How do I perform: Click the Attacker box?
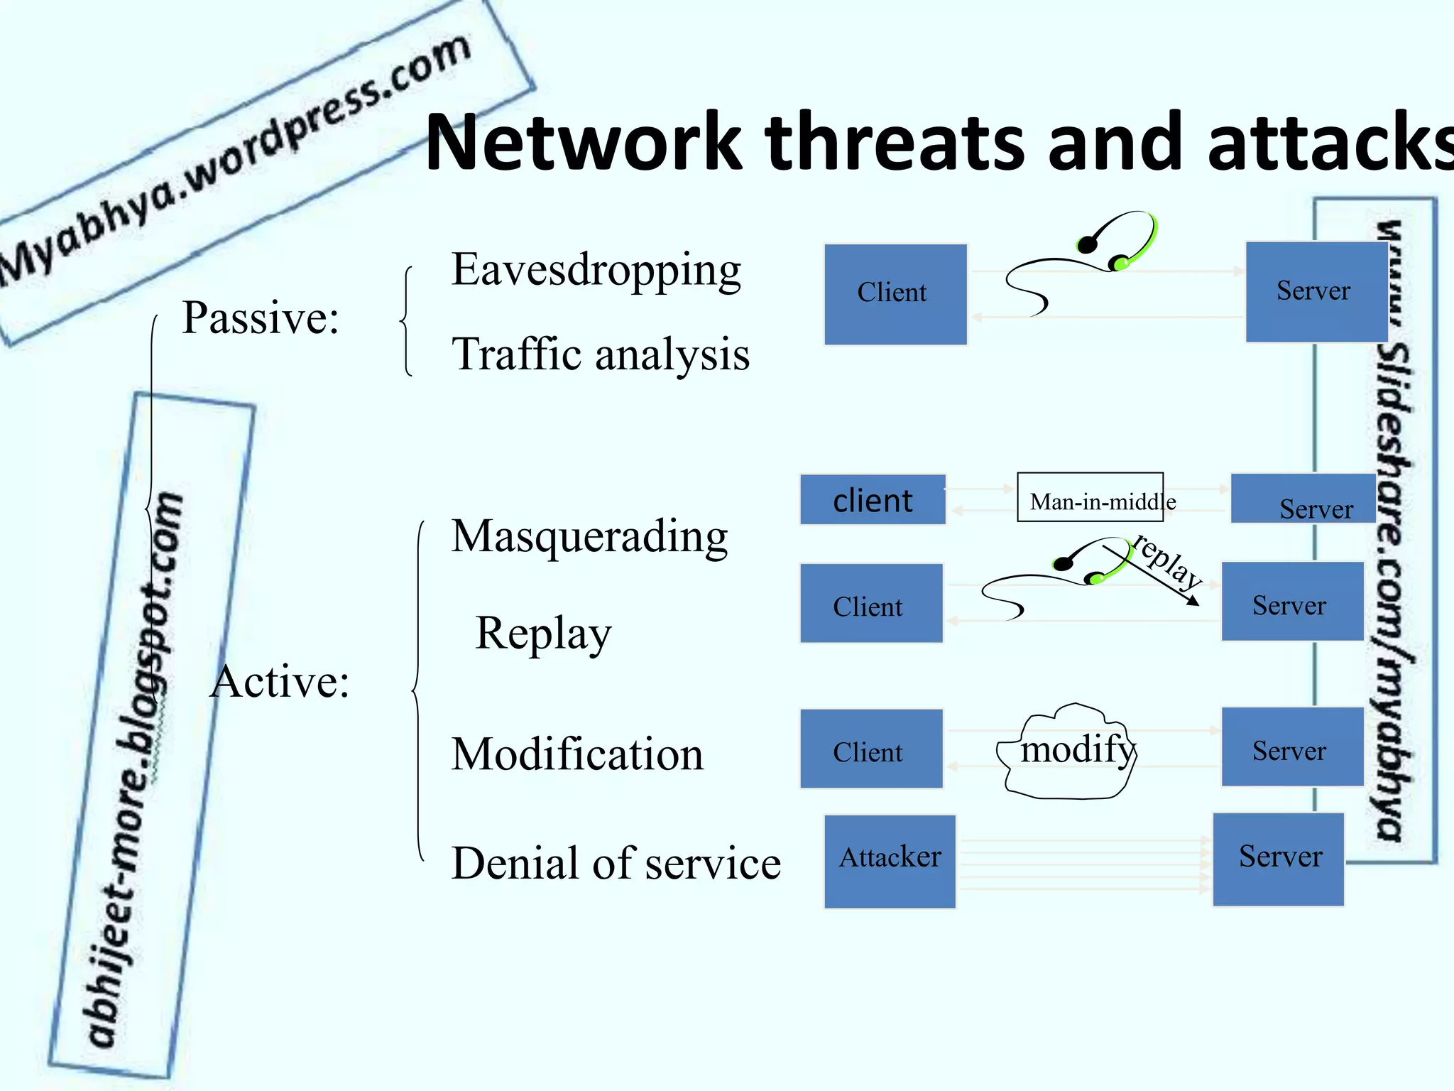890,861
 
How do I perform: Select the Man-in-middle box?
1090,497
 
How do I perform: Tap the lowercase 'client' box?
873,500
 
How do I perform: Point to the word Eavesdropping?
596,271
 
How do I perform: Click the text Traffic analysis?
600,354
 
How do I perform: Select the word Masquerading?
589,536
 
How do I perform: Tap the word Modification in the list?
577,754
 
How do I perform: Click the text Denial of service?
616,864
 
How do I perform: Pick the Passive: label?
260,317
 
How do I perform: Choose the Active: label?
280,682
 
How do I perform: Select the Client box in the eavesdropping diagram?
895,294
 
